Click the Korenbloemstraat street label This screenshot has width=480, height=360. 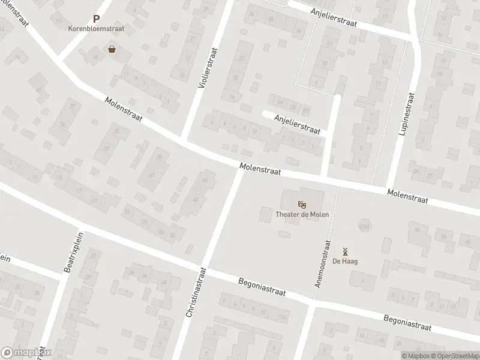(97, 28)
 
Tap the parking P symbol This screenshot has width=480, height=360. (96, 19)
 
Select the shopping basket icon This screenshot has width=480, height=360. (112, 49)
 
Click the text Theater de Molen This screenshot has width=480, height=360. (302, 214)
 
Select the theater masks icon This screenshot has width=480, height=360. (302, 204)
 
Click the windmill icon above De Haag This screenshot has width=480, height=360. (344, 251)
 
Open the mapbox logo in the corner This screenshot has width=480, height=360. (26, 353)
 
